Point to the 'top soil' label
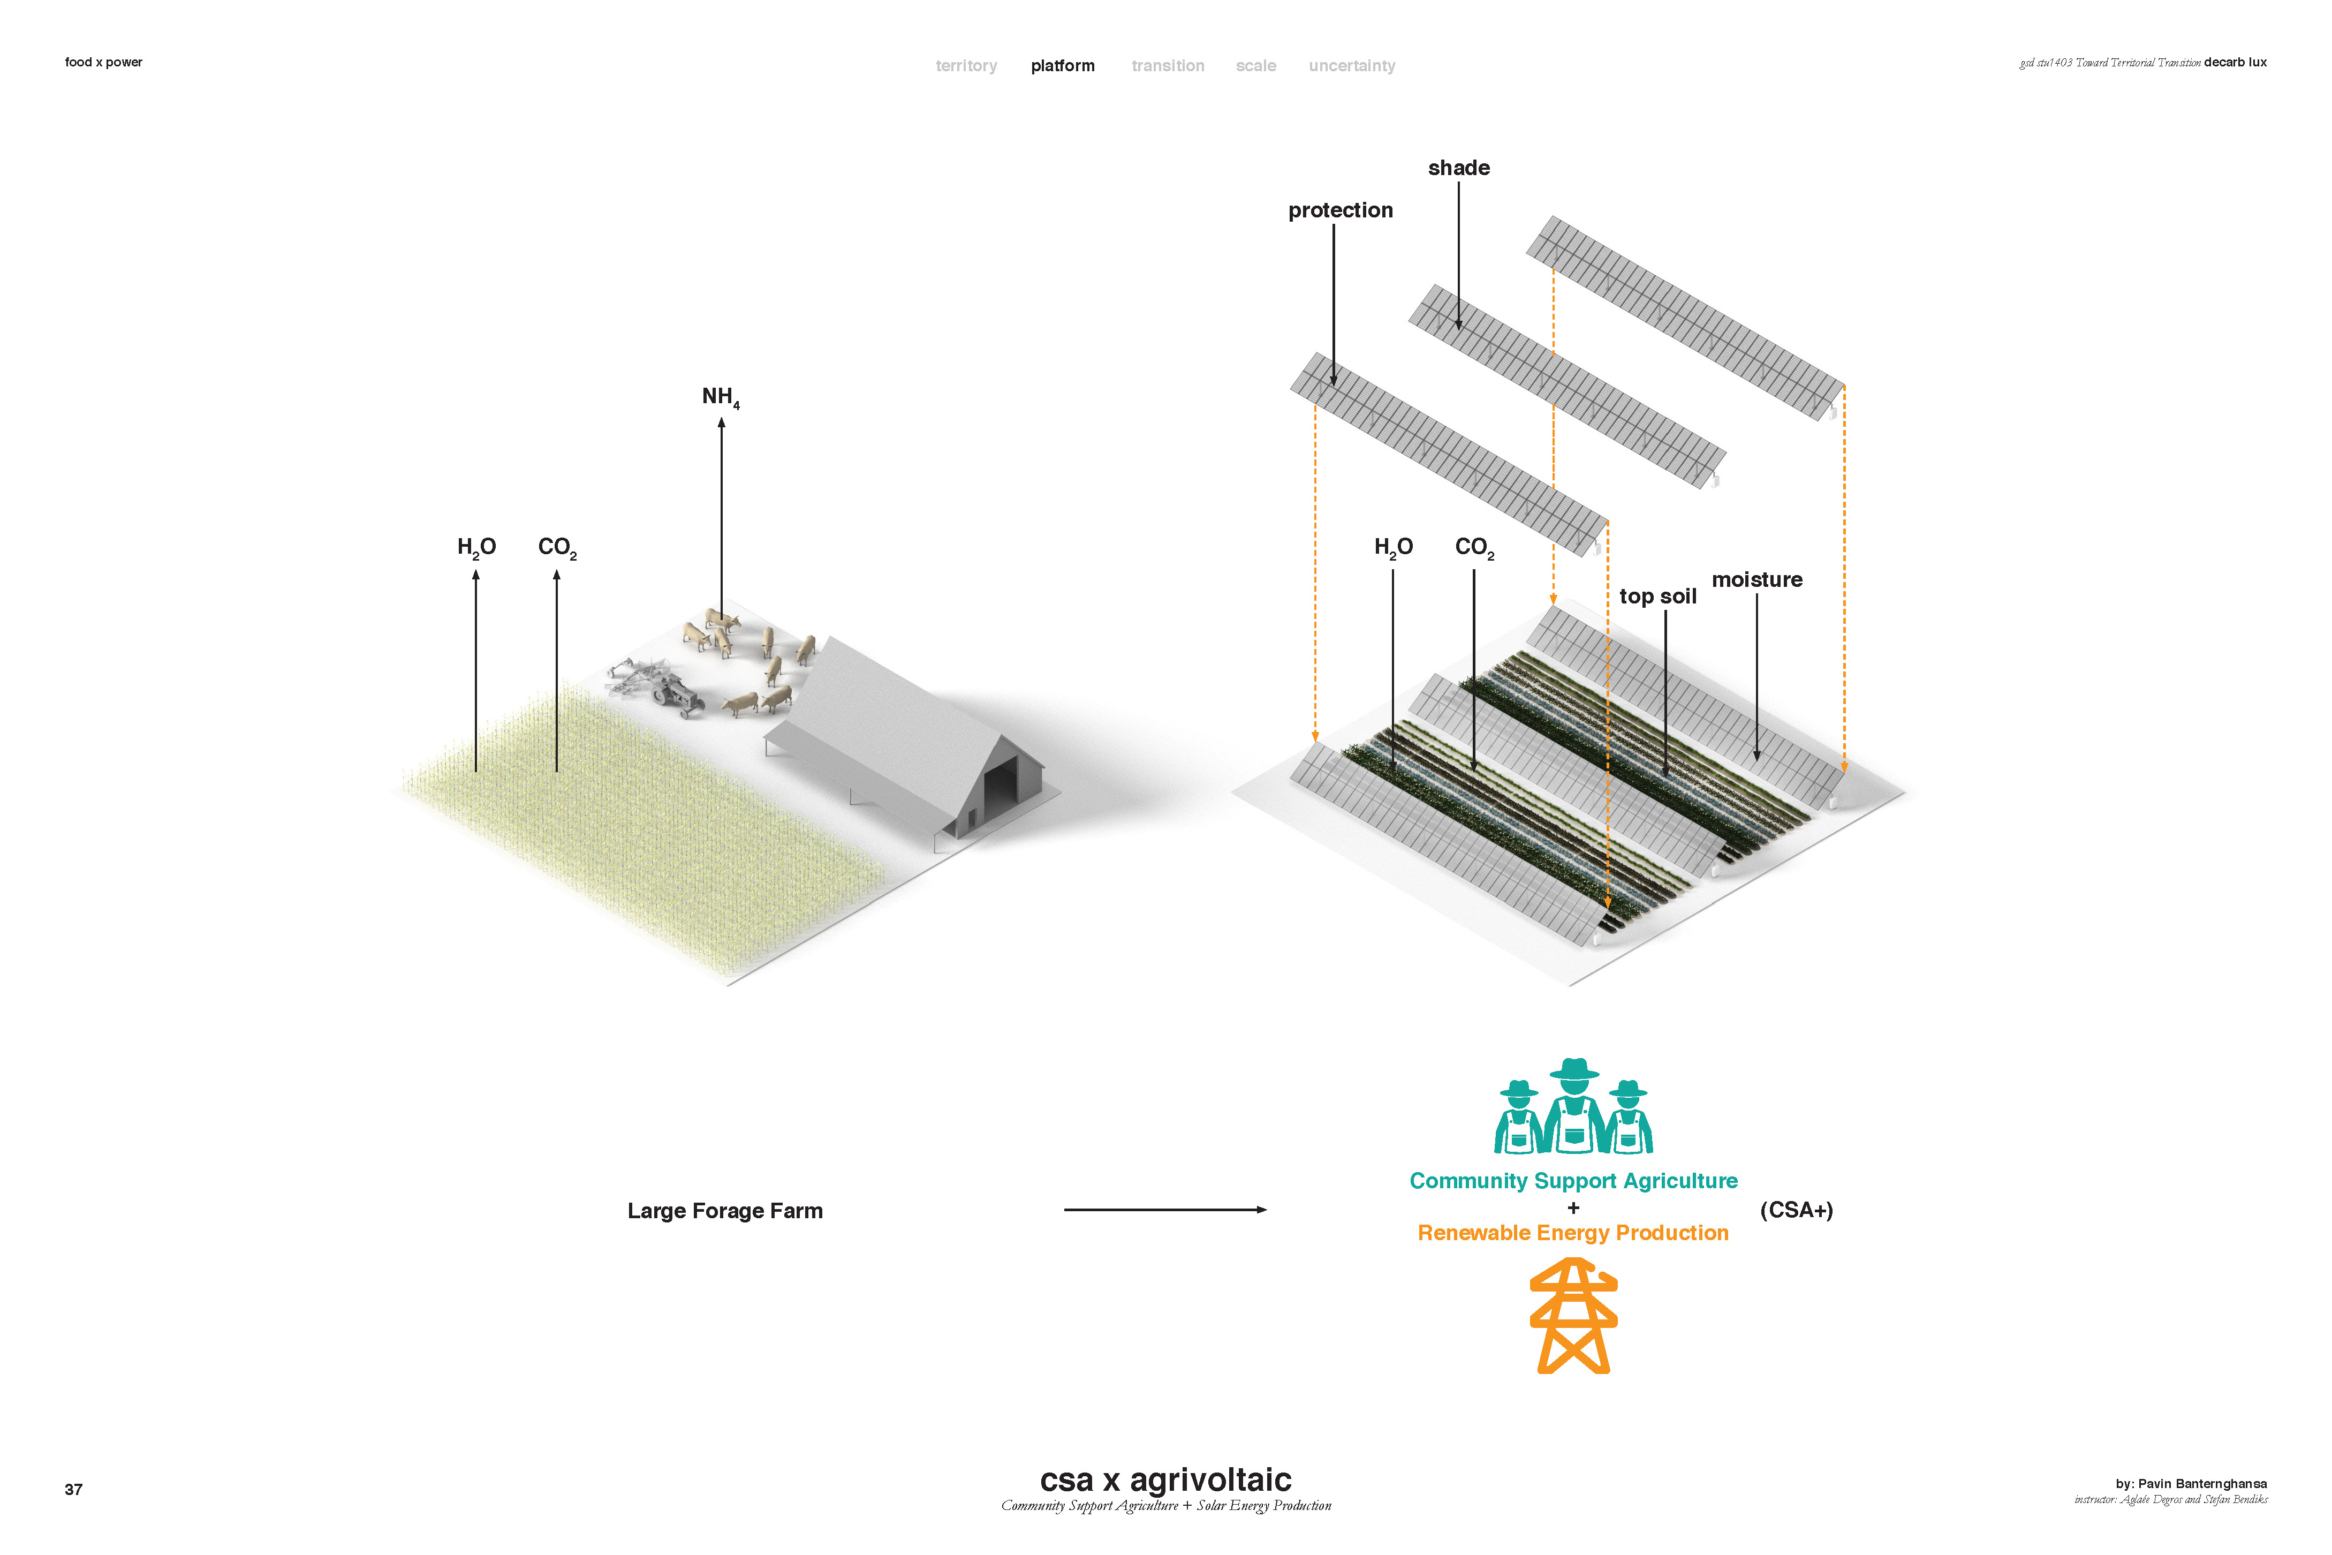click(x=1658, y=596)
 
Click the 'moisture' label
click(x=1757, y=580)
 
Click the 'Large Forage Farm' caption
click(x=725, y=1211)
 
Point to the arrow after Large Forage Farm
click(x=1165, y=1210)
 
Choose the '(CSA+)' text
click(x=1796, y=1210)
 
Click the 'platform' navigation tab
click(x=1063, y=65)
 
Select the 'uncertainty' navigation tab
click(x=1351, y=65)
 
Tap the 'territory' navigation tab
click(x=966, y=65)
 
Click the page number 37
click(x=73, y=1490)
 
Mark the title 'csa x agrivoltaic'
click(x=1165, y=1479)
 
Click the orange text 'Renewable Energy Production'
click(x=1572, y=1233)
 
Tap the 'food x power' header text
click(x=103, y=63)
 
